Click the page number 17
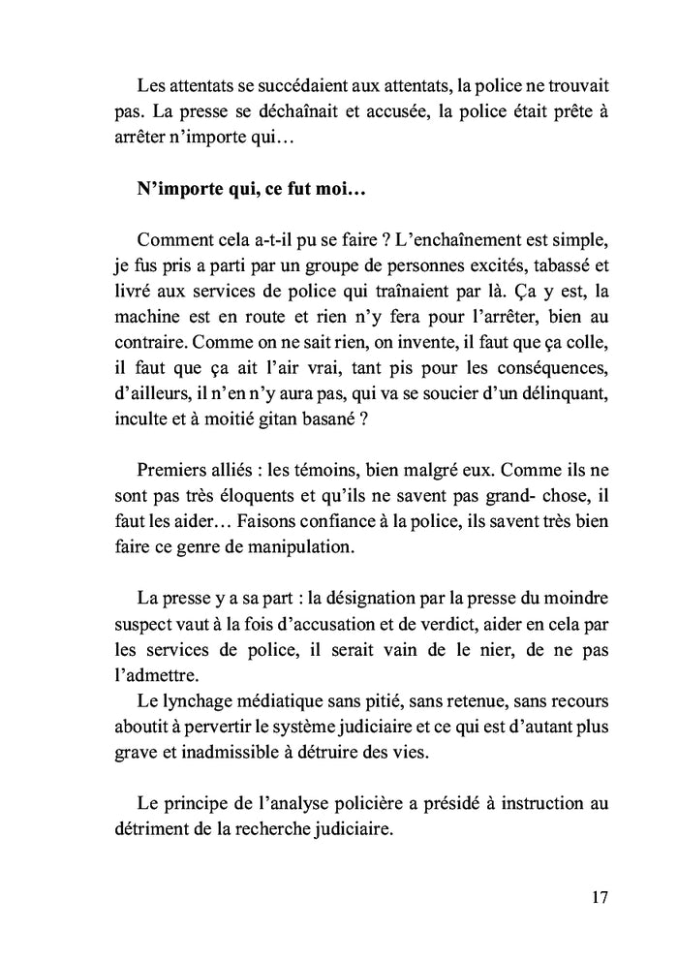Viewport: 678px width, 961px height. [x=598, y=896]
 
